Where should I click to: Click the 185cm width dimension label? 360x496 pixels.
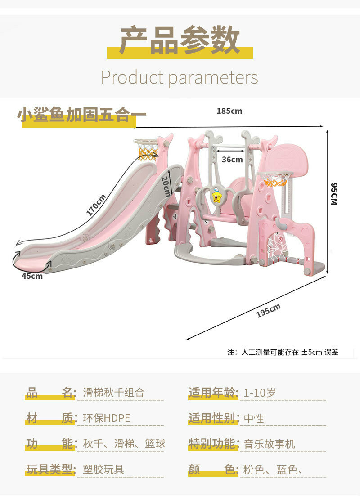click(x=229, y=111)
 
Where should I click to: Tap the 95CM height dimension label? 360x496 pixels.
click(x=333, y=194)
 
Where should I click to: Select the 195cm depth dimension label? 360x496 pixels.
click(x=268, y=311)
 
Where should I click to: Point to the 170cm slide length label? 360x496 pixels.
click(x=96, y=205)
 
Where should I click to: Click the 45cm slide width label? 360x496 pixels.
click(x=32, y=276)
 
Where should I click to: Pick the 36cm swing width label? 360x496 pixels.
click(x=232, y=159)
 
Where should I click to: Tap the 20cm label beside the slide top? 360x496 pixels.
click(x=166, y=186)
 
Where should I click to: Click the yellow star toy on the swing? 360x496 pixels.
click(x=217, y=196)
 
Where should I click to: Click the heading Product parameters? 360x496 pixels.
click(x=180, y=77)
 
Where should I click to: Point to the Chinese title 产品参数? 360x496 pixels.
click(x=180, y=40)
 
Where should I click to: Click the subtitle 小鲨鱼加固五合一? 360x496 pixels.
click(x=81, y=115)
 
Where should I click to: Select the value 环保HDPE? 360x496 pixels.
click(x=107, y=418)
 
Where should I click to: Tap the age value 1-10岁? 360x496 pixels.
click(x=260, y=393)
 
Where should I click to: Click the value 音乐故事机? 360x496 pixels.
click(x=269, y=444)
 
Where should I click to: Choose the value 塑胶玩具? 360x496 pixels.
click(x=103, y=470)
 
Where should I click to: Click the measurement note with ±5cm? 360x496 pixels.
click(x=283, y=352)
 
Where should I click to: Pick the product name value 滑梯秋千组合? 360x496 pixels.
click(x=114, y=393)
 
